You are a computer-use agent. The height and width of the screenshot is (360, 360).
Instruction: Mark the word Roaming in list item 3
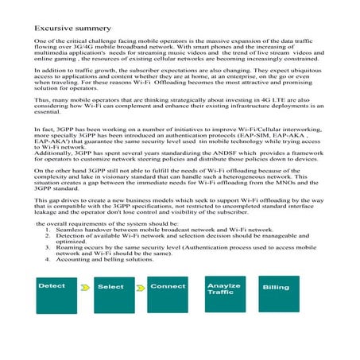[69, 249]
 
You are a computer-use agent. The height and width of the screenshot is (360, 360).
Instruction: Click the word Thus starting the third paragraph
[43, 101]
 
